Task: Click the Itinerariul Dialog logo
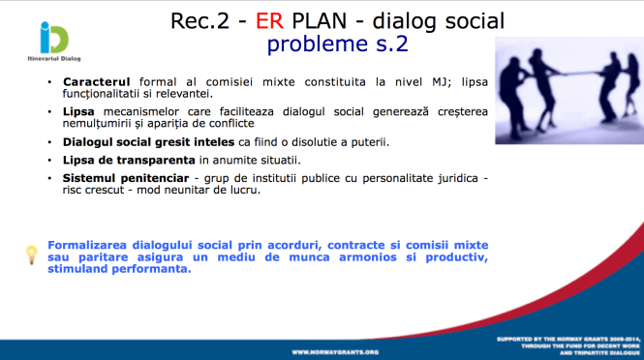(x=46, y=44)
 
